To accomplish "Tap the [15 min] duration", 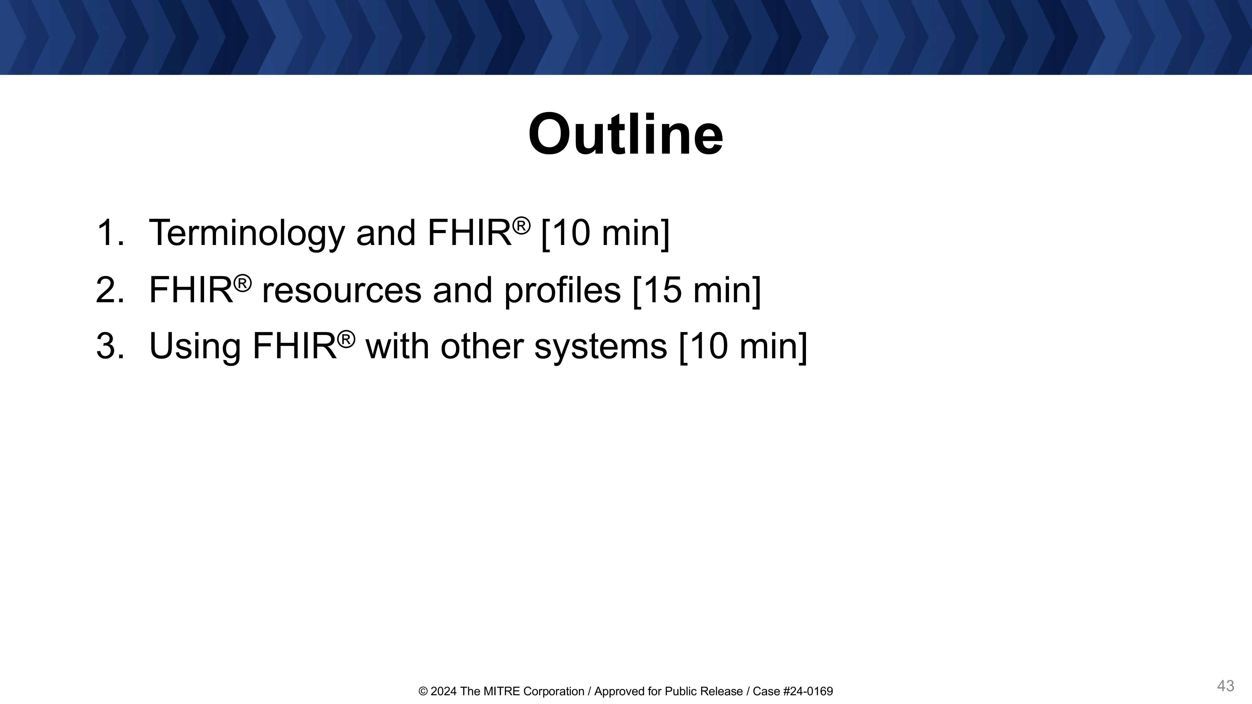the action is click(697, 290).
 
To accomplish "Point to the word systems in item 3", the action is click(601, 348).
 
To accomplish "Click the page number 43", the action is click(1225, 686).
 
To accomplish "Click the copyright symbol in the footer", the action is click(423, 691).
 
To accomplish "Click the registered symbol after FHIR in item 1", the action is click(521, 226).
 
